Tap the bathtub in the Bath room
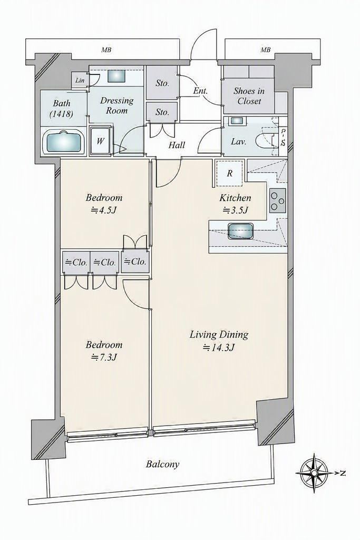pyautogui.click(x=64, y=142)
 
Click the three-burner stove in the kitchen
pyautogui.click(x=277, y=201)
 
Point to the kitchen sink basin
pyautogui.click(x=240, y=230)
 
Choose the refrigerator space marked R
pyautogui.click(x=230, y=173)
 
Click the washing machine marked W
pyautogui.click(x=100, y=141)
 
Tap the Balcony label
pyautogui.click(x=163, y=464)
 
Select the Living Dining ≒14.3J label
pyautogui.click(x=219, y=341)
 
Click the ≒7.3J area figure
pyautogui.click(x=105, y=358)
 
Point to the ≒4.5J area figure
pyautogui.click(x=104, y=210)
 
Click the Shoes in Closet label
pyautogui.click(x=249, y=96)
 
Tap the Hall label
pyautogui.click(x=177, y=145)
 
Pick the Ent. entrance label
pyautogui.click(x=200, y=91)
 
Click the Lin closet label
pyautogui.click(x=80, y=81)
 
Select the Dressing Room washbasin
pyautogui.click(x=116, y=76)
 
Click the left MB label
pyautogui.click(x=106, y=50)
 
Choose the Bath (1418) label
pyautogui.click(x=62, y=109)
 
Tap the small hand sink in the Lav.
pyautogui.click(x=237, y=121)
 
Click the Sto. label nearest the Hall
pyautogui.click(x=162, y=112)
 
